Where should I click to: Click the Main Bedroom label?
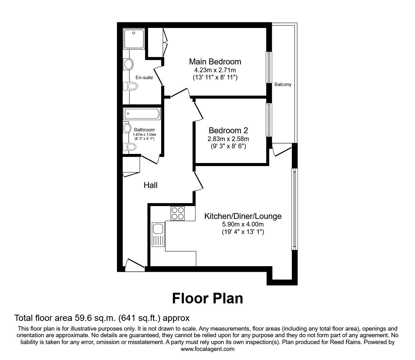pyautogui.click(x=215, y=61)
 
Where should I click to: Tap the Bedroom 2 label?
pyautogui.click(x=228, y=130)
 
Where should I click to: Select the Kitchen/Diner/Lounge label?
pyautogui.click(x=242, y=216)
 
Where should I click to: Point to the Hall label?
pyautogui.click(x=150, y=185)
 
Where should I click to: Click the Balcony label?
pyautogui.click(x=283, y=84)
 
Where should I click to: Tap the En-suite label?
pyautogui.click(x=144, y=77)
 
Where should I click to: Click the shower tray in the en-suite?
pyautogui.click(x=134, y=39)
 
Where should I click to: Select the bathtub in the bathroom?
pyautogui.click(x=142, y=114)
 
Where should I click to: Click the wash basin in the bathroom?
pyautogui.click(x=127, y=128)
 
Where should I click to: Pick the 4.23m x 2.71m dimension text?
pyautogui.click(x=215, y=70)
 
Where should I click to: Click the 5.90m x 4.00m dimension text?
pyautogui.click(x=242, y=224)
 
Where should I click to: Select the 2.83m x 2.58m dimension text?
pyautogui.click(x=228, y=139)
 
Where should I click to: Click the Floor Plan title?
pyautogui.click(x=207, y=298)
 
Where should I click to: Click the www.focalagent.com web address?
pyautogui.click(x=207, y=349)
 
